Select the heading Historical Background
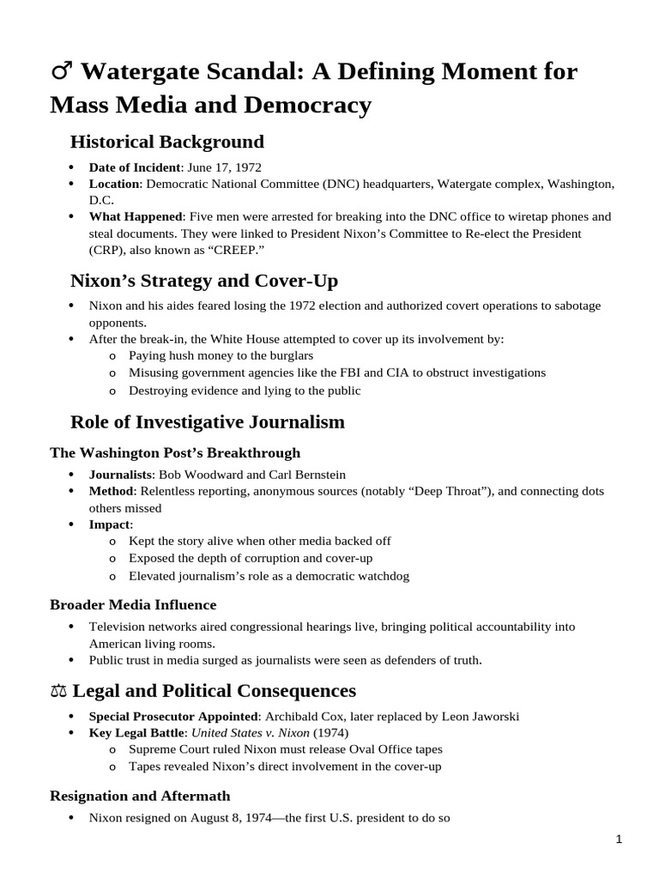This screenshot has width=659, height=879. (x=166, y=142)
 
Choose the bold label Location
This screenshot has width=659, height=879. (x=114, y=185)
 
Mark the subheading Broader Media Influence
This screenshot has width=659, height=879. (x=133, y=605)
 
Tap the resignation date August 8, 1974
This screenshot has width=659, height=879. (x=206, y=818)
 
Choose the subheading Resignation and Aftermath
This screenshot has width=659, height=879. (x=140, y=796)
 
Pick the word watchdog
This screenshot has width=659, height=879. (x=382, y=575)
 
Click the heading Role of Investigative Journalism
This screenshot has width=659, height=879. (x=207, y=421)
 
